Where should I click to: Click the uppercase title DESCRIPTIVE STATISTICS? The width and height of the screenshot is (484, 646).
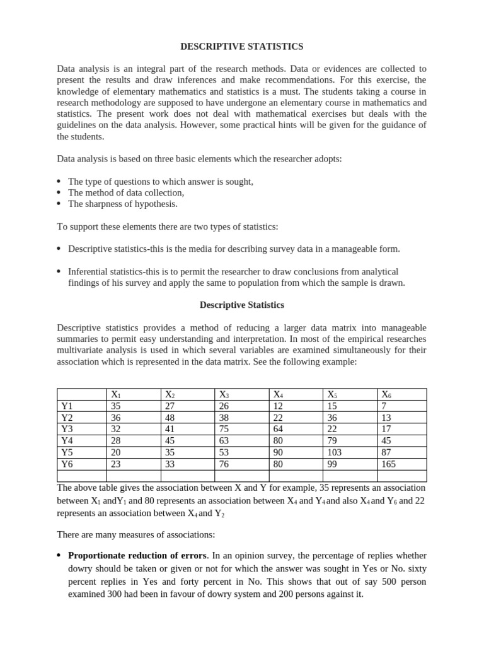[x=242, y=47]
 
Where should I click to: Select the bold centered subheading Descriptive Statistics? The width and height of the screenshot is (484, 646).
[x=242, y=305]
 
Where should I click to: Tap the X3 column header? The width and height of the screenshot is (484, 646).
[x=224, y=395]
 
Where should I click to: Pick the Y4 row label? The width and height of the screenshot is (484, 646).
[x=67, y=440]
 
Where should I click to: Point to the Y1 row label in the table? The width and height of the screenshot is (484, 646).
[x=67, y=406]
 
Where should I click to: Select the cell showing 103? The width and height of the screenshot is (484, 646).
[x=335, y=452]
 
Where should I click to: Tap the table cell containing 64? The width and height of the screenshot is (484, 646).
[x=278, y=429]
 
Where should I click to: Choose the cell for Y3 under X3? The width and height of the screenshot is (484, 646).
[x=224, y=429]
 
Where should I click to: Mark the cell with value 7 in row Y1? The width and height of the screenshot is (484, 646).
[x=384, y=406]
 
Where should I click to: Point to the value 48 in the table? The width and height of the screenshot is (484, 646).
[x=170, y=418]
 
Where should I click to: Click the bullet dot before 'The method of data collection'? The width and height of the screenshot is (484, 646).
[x=59, y=193]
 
